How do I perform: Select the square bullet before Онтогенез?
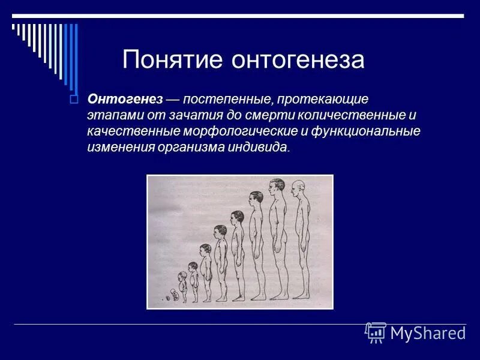(74, 99)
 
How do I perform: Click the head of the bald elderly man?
(298, 188)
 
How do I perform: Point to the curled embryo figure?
(173, 295)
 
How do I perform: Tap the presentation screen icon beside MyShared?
(376, 332)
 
